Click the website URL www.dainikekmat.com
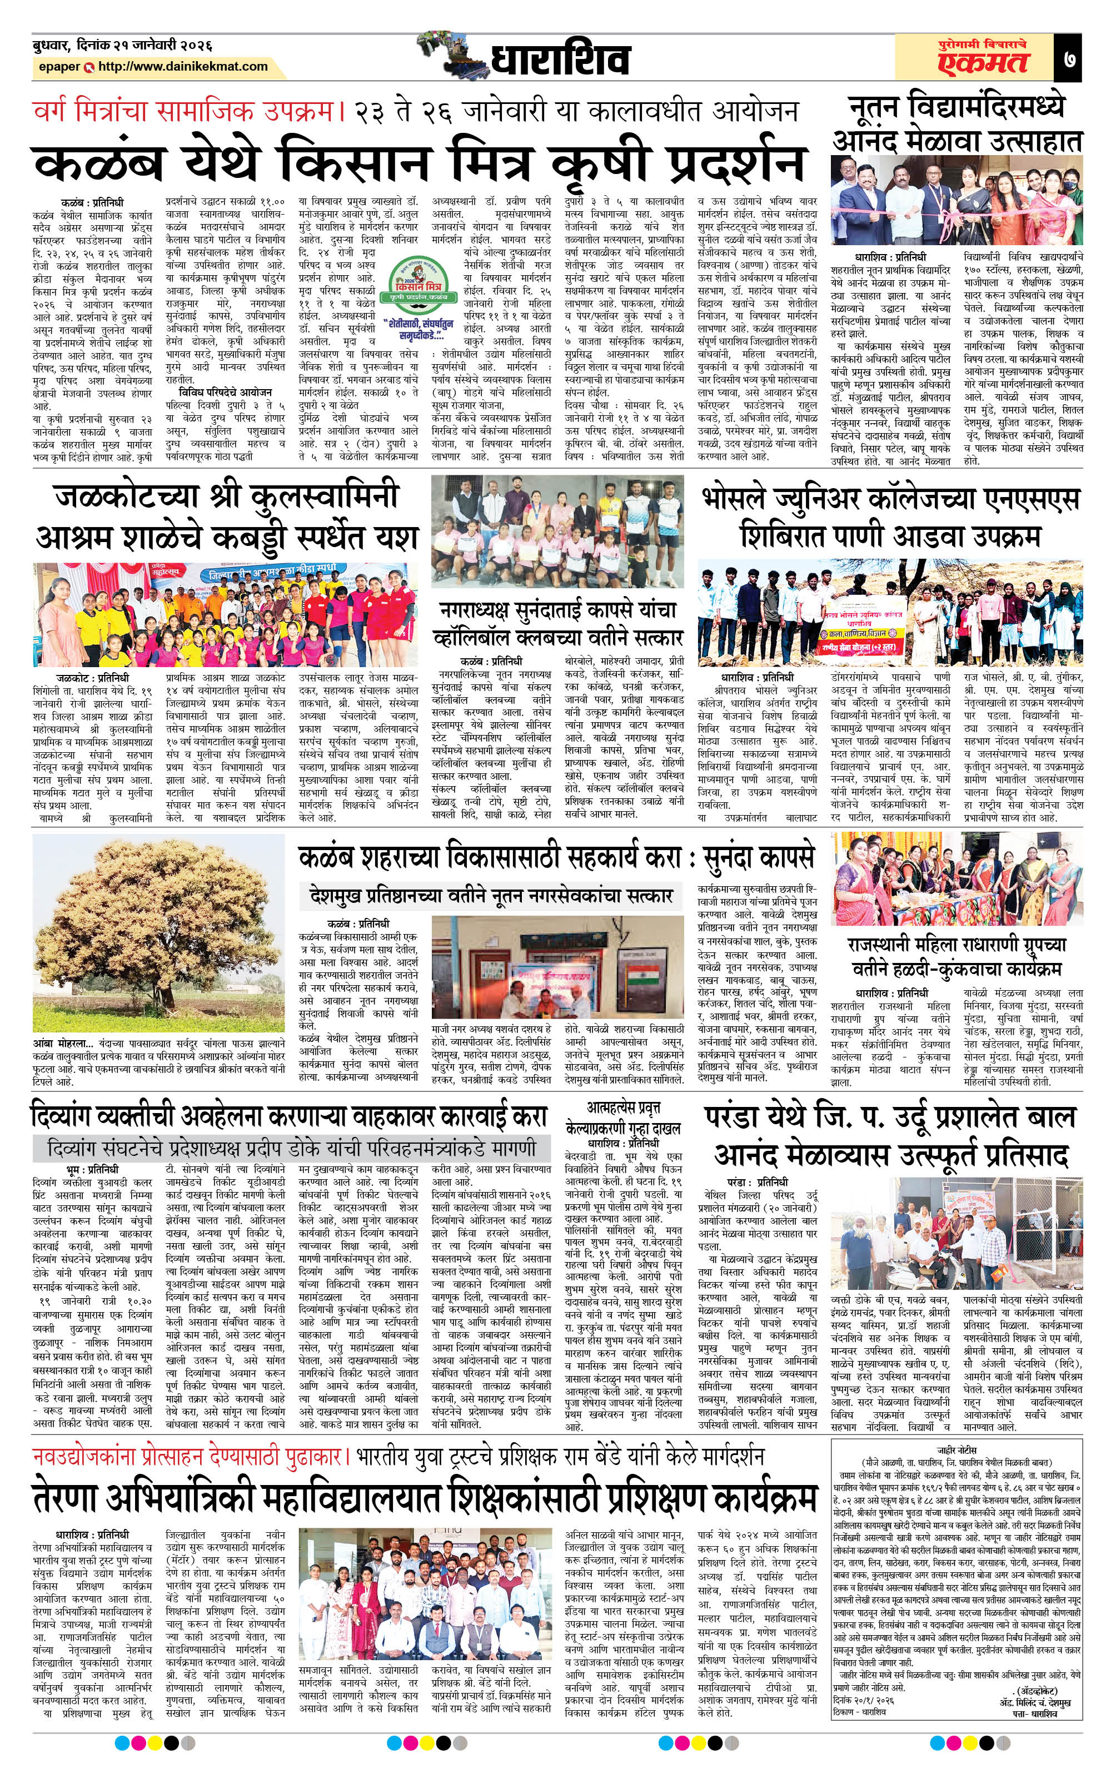pos(182,66)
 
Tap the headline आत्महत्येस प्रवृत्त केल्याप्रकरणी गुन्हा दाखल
pos(624,1117)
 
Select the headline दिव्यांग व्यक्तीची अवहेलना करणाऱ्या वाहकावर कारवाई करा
pos(290,1115)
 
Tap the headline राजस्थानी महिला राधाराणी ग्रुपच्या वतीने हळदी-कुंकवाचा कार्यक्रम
pos(957,956)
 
